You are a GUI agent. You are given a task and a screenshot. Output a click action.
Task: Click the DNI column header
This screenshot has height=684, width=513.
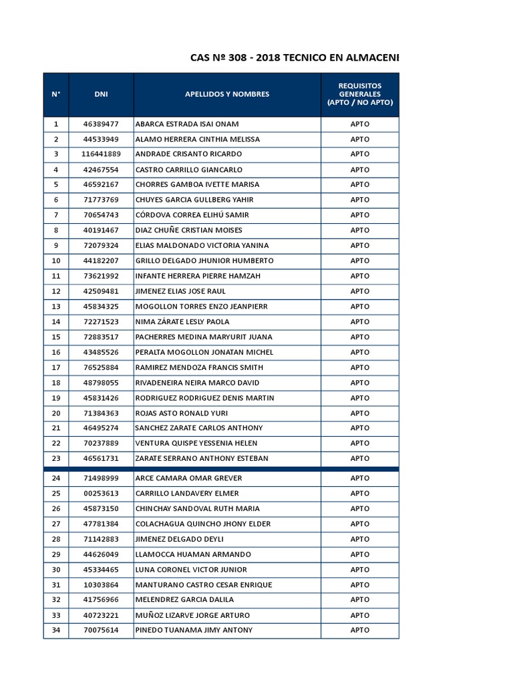pos(101,94)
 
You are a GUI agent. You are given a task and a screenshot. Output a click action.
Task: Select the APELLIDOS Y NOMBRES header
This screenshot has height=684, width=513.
pos(227,94)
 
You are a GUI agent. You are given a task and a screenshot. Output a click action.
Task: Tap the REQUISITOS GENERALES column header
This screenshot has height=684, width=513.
pos(359,94)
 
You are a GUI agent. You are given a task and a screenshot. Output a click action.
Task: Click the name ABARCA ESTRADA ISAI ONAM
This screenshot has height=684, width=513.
pos(187,124)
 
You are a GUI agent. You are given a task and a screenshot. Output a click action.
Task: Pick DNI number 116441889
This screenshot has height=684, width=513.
pos(101,154)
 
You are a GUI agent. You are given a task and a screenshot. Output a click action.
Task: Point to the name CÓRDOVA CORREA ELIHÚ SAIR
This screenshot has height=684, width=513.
pos(192,215)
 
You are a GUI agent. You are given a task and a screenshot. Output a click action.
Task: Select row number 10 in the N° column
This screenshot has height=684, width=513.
pos(56,261)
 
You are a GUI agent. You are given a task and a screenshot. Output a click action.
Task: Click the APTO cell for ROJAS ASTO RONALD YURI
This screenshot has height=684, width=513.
pos(359,413)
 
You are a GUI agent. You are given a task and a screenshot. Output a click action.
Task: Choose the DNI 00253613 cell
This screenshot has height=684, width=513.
pos(101,494)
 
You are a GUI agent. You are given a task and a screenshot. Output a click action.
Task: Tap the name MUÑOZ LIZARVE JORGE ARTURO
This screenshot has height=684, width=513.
pos(192,615)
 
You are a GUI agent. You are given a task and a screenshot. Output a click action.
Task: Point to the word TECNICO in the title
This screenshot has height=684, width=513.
pos(309,58)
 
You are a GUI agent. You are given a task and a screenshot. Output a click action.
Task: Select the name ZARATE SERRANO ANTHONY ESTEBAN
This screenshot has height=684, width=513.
pos(202,458)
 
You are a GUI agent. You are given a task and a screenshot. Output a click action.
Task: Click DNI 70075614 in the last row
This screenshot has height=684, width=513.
pos(101,630)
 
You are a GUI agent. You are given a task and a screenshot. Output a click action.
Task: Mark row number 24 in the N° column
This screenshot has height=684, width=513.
pos(56,478)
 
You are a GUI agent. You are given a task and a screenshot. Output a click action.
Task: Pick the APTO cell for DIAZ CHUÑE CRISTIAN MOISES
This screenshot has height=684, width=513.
pos(359,230)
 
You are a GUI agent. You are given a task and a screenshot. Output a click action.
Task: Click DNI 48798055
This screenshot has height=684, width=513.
pos(101,383)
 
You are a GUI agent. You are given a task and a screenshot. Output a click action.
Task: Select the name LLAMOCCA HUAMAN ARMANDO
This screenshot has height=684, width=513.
pos(193,554)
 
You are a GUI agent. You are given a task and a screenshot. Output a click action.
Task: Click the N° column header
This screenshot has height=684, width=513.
pos(56,94)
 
